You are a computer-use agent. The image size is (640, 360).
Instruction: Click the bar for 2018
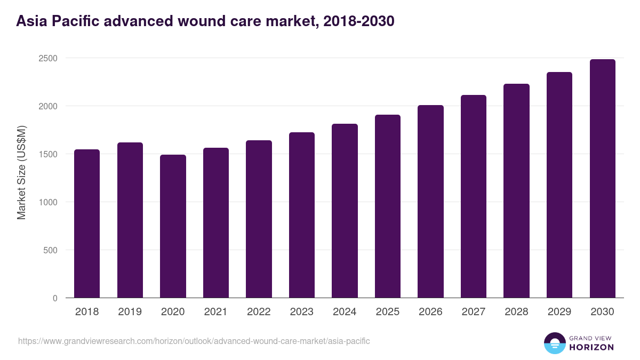click(x=87, y=223)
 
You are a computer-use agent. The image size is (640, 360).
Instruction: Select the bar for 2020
click(x=173, y=226)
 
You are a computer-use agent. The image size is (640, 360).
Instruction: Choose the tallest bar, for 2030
click(x=602, y=179)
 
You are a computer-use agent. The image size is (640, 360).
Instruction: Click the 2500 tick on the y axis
click(x=47, y=58)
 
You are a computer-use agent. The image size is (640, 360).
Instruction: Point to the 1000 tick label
click(x=47, y=202)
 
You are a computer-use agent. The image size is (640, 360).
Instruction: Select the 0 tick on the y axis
click(x=55, y=298)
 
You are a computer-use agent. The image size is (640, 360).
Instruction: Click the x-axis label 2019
click(x=130, y=312)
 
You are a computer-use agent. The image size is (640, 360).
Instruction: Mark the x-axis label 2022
click(x=259, y=312)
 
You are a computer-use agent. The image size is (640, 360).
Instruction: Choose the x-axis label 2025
click(x=388, y=312)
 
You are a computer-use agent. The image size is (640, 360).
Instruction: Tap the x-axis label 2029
click(x=559, y=312)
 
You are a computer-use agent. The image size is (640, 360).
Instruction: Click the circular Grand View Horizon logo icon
click(x=554, y=343)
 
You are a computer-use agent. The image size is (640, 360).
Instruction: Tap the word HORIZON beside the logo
click(x=591, y=347)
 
